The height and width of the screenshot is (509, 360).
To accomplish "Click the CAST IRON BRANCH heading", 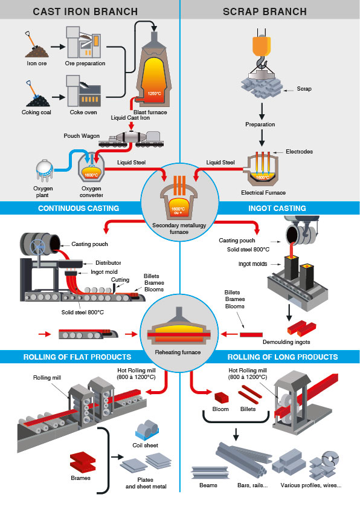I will click(85, 11).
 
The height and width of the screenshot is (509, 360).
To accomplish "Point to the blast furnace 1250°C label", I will click(154, 93).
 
